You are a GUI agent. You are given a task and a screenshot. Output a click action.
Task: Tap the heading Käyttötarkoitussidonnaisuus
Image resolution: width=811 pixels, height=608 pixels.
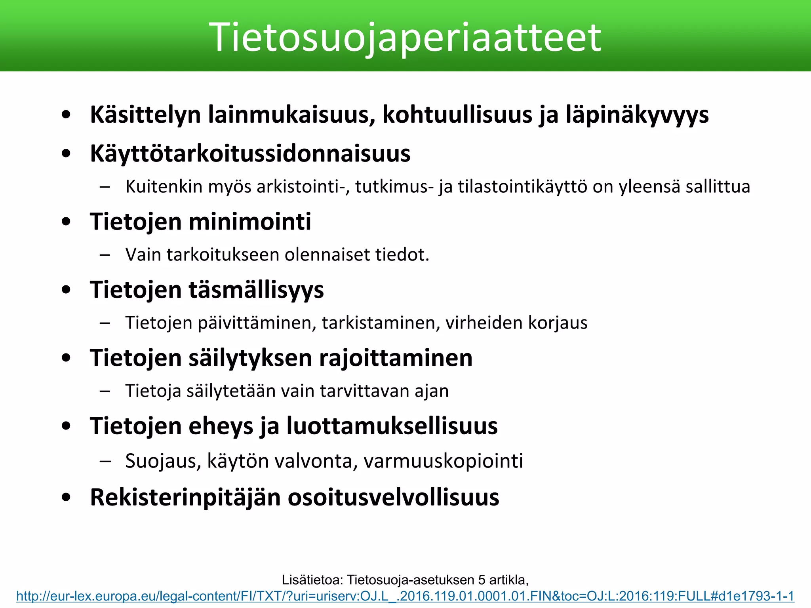coord(250,154)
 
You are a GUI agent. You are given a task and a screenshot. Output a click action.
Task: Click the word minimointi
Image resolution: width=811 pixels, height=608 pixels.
coord(250,221)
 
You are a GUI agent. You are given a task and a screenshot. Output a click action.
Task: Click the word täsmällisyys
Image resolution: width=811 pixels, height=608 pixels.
coord(256,290)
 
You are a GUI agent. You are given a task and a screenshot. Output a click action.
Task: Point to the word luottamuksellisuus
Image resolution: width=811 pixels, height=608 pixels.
coord(392,426)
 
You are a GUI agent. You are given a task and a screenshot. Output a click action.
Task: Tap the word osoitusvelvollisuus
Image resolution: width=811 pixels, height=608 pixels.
coord(393,497)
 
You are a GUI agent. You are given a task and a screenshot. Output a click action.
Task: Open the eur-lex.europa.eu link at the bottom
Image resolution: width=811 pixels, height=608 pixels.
coord(405,596)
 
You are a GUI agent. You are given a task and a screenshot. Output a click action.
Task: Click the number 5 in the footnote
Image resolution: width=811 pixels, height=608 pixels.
coord(482,580)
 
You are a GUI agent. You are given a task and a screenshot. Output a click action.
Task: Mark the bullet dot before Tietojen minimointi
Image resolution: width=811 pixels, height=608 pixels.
coord(66,222)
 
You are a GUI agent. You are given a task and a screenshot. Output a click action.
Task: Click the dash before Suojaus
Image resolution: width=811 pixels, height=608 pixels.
coord(105,461)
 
